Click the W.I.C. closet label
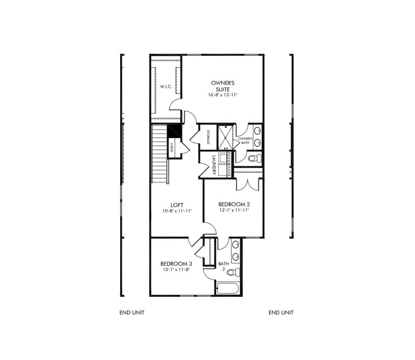(x=166, y=87)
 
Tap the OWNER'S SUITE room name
(x=223, y=86)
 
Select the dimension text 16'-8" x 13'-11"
(x=223, y=95)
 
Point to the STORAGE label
(x=208, y=137)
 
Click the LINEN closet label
(x=172, y=147)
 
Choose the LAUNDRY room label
(x=214, y=164)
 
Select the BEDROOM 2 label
(x=234, y=204)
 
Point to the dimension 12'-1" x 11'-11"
(x=234, y=210)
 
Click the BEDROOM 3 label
(x=176, y=264)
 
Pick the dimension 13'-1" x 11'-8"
(x=176, y=269)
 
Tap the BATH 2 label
(x=223, y=266)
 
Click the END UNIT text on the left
(x=132, y=312)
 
